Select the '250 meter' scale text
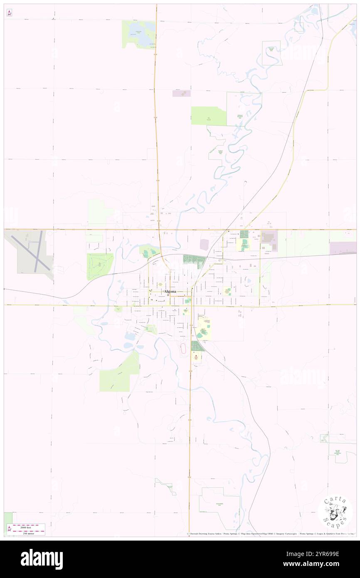30,533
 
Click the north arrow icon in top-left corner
9,13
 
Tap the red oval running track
183,349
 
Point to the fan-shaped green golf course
99,266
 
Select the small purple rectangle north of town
181,94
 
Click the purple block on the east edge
343,248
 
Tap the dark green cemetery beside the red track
197,346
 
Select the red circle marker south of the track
196,357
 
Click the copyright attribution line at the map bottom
270,534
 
